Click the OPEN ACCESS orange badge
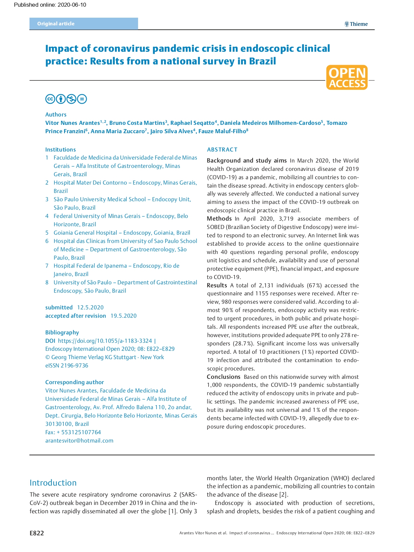pyautogui.click(x=347, y=77)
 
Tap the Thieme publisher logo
pyautogui.click(x=356, y=24)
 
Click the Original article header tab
pyautogui.click(x=56, y=24)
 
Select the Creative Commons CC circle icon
pyautogui.click(x=50, y=99)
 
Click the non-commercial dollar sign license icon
pyautogui.click(x=71, y=99)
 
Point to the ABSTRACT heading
pyautogui.click(x=222, y=150)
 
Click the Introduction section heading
pyautogui.click(x=53, y=483)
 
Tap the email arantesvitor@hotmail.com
pyautogui.click(x=79, y=441)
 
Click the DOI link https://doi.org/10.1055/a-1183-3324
pyautogui.click(x=105, y=341)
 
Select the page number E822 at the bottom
pyautogui.click(x=37, y=533)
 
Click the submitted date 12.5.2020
pyautogui.click(x=90, y=307)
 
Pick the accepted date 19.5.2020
pyautogui.click(x=123, y=316)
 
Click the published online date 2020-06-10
pyautogui.click(x=72, y=5)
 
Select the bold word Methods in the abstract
pyautogui.click(x=219, y=219)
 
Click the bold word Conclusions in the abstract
pyautogui.click(x=224, y=377)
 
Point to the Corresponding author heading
pyautogui.click(x=74, y=382)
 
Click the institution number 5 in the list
pyautogui.click(x=47, y=233)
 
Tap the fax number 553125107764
pyautogui.click(x=81, y=432)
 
